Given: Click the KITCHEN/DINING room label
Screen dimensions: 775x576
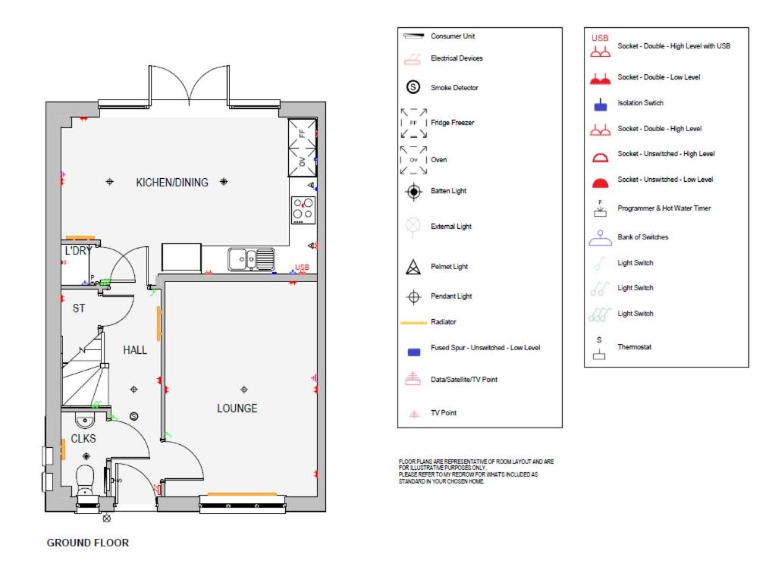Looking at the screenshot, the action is click(172, 183).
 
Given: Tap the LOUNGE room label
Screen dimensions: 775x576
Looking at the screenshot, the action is click(237, 409).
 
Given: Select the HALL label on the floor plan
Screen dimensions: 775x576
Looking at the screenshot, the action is click(135, 350).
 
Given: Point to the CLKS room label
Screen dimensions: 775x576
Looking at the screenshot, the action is click(83, 439).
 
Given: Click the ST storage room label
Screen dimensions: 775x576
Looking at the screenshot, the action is click(79, 308).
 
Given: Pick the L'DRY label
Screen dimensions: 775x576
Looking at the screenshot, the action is click(78, 251).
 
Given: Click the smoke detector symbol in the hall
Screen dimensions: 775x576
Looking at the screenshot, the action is click(134, 416).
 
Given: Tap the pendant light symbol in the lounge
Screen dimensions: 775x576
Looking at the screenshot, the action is click(243, 390).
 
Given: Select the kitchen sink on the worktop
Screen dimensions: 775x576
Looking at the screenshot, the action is click(251, 259).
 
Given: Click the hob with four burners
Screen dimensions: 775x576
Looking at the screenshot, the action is click(303, 209).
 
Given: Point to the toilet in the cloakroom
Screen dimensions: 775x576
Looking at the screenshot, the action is click(85, 478).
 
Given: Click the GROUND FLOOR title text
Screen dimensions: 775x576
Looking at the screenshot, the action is click(88, 543).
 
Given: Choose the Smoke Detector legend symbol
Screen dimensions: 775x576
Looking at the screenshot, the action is click(413, 87).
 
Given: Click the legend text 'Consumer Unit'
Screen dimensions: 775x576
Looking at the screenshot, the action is click(453, 36).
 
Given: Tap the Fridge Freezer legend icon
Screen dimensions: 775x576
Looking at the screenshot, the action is click(414, 123).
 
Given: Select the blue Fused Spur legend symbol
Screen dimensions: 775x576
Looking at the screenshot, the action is click(414, 352).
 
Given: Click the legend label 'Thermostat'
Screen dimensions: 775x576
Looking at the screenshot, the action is click(635, 347).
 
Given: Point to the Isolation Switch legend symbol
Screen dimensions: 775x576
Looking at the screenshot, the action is click(601, 105).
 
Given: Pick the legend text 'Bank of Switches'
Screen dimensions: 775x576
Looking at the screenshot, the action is click(643, 237).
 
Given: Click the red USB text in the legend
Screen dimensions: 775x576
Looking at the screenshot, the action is click(600, 38).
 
